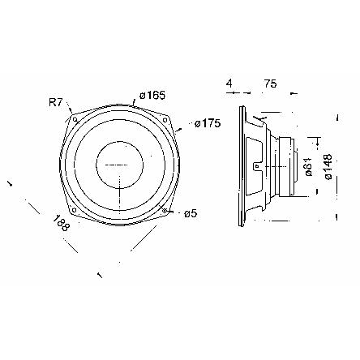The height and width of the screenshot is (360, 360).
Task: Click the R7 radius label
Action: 56,103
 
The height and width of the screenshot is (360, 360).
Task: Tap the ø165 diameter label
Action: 152,95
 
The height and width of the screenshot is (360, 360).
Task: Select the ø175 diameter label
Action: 208,123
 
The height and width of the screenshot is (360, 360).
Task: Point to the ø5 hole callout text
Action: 191,214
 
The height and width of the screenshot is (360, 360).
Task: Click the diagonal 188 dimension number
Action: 61,223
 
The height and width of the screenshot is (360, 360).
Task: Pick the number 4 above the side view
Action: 229,84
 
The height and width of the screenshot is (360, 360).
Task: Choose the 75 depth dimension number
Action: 271,84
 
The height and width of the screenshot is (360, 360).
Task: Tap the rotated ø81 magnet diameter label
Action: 308,167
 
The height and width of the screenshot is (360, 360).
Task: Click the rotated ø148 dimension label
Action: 328,166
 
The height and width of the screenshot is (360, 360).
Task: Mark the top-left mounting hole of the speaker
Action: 75,119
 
